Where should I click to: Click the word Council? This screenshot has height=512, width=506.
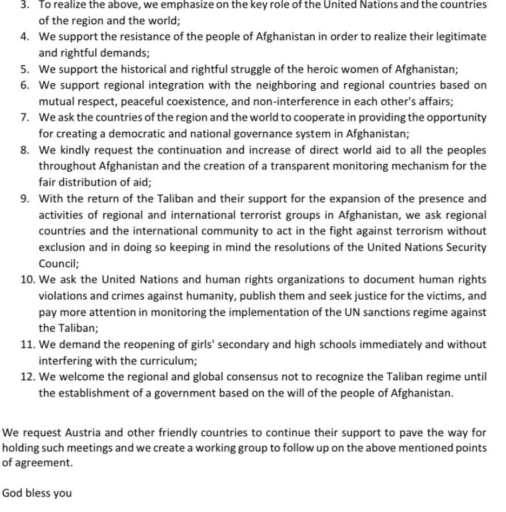(58, 264)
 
